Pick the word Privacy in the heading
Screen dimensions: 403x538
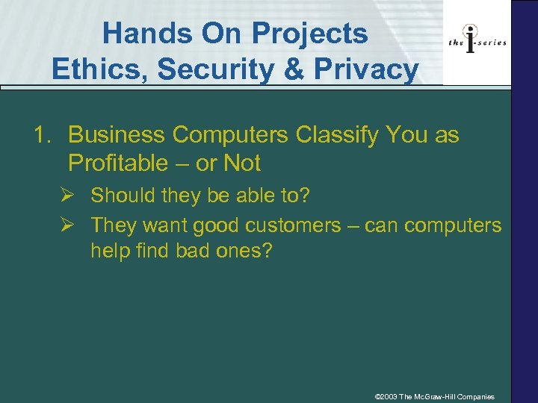(366, 70)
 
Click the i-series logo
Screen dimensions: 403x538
(477, 42)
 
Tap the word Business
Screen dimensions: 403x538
(116, 136)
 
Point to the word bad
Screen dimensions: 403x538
(196, 250)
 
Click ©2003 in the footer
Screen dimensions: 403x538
(386, 396)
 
